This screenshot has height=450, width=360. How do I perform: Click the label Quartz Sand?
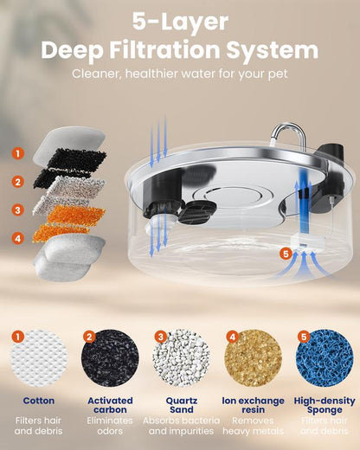pyautogui.click(x=180, y=406)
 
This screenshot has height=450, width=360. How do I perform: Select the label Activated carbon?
pyautogui.click(x=109, y=406)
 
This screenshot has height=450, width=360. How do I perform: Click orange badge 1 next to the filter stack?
pyautogui.click(x=18, y=153)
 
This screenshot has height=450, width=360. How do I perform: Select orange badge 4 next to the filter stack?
pyautogui.click(x=18, y=236)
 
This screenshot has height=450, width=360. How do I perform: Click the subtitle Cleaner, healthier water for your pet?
pyautogui.click(x=180, y=73)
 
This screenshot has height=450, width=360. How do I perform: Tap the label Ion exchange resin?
pyautogui.click(x=251, y=406)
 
